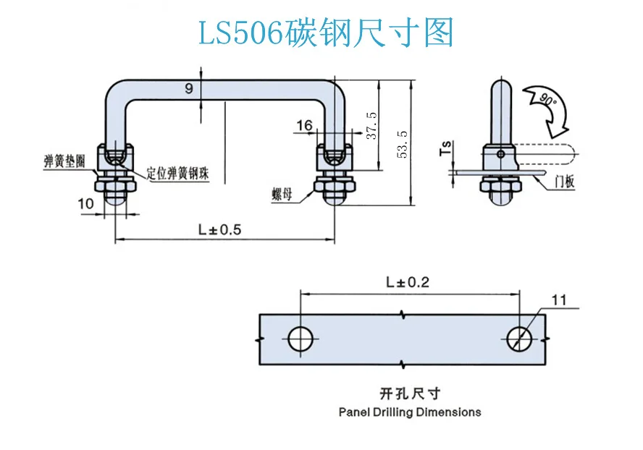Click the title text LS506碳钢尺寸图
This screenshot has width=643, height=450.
[x=326, y=33]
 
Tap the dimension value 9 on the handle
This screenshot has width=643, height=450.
[x=189, y=88]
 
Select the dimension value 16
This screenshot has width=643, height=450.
[x=304, y=125]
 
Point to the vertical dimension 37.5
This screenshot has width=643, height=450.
[x=371, y=125]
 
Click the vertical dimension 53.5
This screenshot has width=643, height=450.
[x=403, y=144]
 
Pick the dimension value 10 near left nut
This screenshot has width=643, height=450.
[x=85, y=204]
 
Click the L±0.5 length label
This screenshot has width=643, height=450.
[x=220, y=229]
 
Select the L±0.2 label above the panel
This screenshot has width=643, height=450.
[x=408, y=282]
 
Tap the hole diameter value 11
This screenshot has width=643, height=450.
[x=558, y=300]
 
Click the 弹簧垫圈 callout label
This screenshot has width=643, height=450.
[x=64, y=161]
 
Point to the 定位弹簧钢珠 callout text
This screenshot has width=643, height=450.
[x=178, y=174]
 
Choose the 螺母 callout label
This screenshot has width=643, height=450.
[x=282, y=194]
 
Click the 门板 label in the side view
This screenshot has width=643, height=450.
[x=564, y=181]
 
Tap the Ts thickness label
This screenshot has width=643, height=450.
[x=445, y=148]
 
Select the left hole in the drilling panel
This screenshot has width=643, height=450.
[x=301, y=339]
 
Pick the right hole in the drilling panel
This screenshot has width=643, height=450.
[x=520, y=339]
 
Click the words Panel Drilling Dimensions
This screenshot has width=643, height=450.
[x=410, y=412]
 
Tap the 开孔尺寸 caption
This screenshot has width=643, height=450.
[x=410, y=394]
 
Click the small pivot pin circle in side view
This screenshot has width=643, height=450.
[x=500, y=154]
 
